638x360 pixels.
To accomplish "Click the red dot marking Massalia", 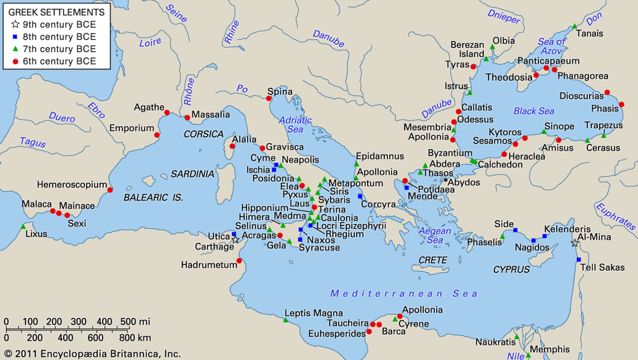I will coord(187,118).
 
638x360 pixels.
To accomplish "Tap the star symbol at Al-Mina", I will coord(575,243).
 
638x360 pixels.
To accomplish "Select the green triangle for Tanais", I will coord(574,26).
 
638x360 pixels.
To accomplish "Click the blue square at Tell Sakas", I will coord(579,259).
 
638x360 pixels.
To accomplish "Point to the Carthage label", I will coord(215,246).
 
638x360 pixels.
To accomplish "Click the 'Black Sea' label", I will coord(534,111).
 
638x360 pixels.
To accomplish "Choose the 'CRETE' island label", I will coord(433,260).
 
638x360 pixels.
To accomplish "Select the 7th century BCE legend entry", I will coord(59,49).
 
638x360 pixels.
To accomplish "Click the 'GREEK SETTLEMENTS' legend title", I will coord(57,12).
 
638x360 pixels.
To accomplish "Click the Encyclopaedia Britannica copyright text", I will coord(91,354).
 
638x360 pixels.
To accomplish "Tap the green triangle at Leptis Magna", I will coord(286,320).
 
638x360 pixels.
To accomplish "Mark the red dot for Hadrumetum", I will coord(239,261).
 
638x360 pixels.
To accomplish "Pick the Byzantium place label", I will coord(450,153).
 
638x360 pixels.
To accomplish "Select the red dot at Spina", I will coord(269,98).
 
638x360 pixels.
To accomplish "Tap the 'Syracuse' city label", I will coord(319,247).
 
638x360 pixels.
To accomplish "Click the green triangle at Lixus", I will coord(23,227).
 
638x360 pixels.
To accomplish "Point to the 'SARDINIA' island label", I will coord(192,174).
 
